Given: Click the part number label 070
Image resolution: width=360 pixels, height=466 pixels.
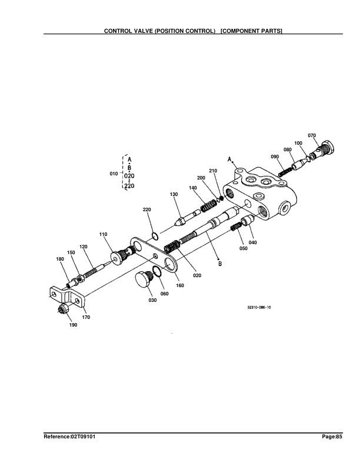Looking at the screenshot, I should (x=312, y=136).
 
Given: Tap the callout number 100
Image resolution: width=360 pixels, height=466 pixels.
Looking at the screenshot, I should (x=298, y=144).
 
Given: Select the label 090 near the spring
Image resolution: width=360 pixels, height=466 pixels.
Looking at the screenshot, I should (x=275, y=157).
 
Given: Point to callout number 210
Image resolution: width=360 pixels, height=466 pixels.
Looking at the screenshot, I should (x=213, y=171).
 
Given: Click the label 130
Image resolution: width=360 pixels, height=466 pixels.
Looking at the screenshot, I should (x=174, y=194).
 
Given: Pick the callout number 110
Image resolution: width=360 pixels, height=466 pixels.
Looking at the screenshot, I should (x=103, y=234).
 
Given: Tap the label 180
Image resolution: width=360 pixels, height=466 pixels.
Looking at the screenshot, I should (x=59, y=259).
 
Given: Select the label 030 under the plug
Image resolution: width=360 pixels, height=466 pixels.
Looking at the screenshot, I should (x=136, y=301).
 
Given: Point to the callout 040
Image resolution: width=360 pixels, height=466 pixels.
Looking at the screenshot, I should (x=253, y=242).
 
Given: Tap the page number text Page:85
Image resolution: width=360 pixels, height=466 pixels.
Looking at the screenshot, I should (x=332, y=437).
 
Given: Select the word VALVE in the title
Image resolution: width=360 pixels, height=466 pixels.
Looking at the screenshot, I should (x=151, y=30).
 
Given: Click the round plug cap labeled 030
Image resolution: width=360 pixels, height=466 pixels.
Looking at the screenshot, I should (x=141, y=281).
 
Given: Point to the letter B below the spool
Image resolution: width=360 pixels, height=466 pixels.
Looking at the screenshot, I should (x=220, y=264).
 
